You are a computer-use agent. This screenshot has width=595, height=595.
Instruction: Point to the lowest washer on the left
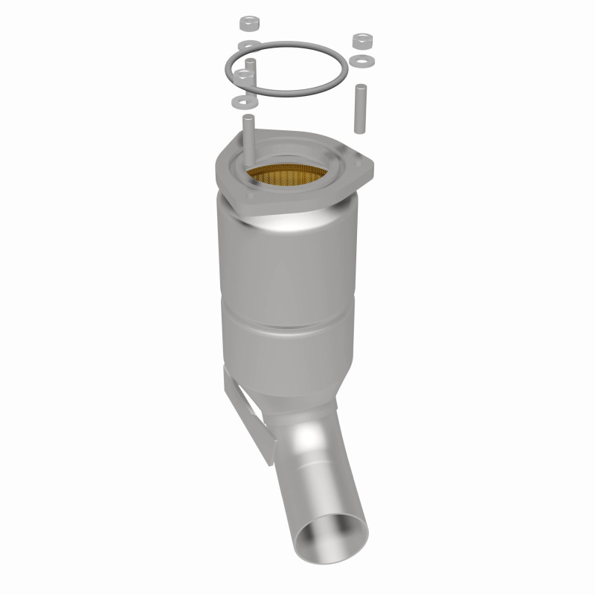click(242, 99)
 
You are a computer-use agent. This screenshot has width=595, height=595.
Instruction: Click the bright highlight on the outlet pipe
click(312, 454)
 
